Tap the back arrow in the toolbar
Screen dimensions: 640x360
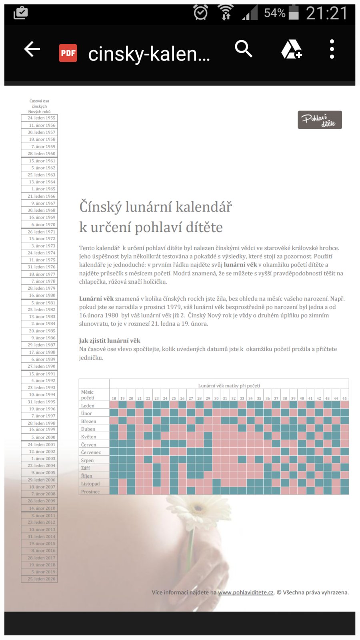32,50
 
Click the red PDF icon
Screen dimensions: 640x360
68,53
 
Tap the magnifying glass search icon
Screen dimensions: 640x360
243,49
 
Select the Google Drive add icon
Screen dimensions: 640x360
291,50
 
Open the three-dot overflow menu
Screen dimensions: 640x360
332,50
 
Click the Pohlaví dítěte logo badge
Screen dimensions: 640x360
320,120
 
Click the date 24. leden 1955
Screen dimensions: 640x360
41,118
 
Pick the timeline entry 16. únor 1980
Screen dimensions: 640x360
42,295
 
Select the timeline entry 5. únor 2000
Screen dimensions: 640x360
43,437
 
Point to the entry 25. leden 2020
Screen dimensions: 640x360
41,579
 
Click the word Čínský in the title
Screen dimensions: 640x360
100,207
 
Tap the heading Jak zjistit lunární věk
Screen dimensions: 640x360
110,340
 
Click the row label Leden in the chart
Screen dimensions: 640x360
88,406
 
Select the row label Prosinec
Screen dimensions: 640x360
90,492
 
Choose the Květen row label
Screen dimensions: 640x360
89,437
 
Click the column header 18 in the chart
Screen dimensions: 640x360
114,398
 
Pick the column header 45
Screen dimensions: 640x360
344,398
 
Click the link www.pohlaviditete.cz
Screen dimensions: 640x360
246,592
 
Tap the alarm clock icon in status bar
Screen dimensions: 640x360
200,13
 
